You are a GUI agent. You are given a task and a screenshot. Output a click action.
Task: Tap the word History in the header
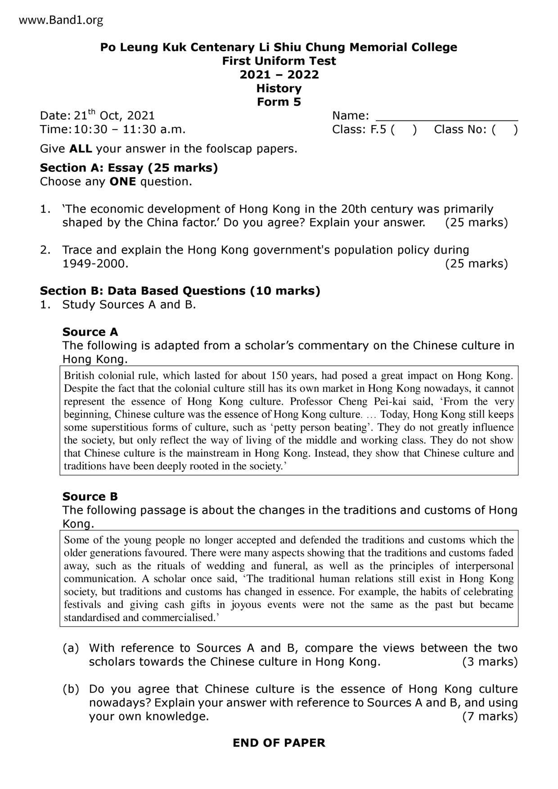coord(279,88)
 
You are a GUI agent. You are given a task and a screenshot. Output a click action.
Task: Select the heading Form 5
coord(279,102)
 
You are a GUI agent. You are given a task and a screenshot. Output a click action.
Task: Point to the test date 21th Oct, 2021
coord(114,116)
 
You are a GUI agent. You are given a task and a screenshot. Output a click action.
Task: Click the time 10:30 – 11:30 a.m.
coord(130,130)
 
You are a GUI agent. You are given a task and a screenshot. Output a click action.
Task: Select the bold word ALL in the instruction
coord(81,148)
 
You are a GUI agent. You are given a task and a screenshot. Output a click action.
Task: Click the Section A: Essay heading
coord(129,168)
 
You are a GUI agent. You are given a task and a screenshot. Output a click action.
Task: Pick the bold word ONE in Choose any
coord(122,182)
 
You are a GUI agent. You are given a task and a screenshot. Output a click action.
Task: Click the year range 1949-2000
coord(95,264)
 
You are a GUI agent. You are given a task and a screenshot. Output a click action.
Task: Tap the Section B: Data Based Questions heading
coord(180,291)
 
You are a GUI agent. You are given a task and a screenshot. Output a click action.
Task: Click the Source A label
coord(90,332)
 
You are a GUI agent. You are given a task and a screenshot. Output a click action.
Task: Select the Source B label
coord(90,497)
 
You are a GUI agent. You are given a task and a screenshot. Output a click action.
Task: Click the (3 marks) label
coord(490,662)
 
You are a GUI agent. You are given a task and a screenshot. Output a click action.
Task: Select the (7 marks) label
coord(490,716)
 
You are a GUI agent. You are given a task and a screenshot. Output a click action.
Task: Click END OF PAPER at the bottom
coord(279,743)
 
